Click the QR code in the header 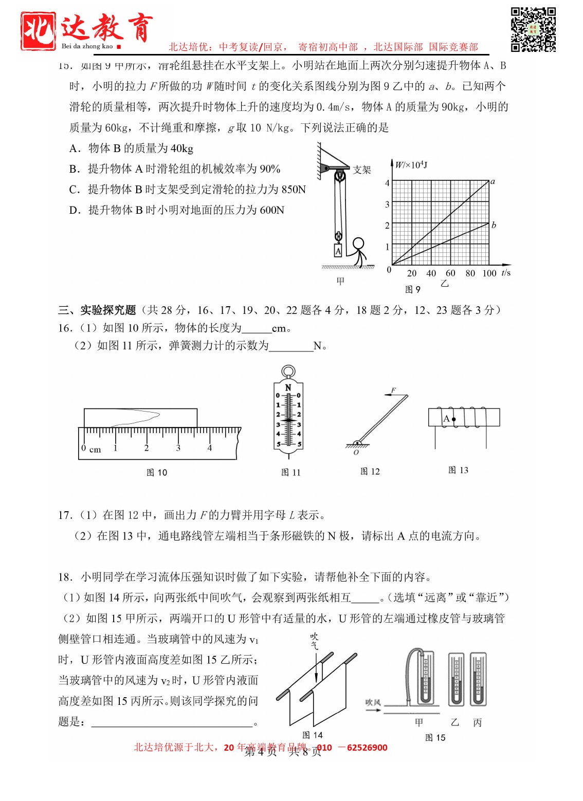tap(533, 29)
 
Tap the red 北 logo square tap(39, 31)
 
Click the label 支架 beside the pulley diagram tap(362, 170)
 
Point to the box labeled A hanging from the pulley tap(338, 251)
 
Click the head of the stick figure tap(358, 244)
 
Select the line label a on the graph tap(493, 181)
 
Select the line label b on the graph tap(494, 225)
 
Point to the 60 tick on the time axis tap(450, 273)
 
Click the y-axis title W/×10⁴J tap(411, 165)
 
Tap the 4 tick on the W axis tap(387, 183)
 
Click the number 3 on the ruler tap(178, 448)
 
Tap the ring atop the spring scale tap(288, 371)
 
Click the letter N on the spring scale tap(288, 387)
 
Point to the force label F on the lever tap(393, 390)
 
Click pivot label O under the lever tap(356, 453)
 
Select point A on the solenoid tap(453, 419)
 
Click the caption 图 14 tap(312, 735)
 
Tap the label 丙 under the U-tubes tap(477, 722)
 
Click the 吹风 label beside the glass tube tap(373, 702)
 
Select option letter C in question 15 tap(75, 190)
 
